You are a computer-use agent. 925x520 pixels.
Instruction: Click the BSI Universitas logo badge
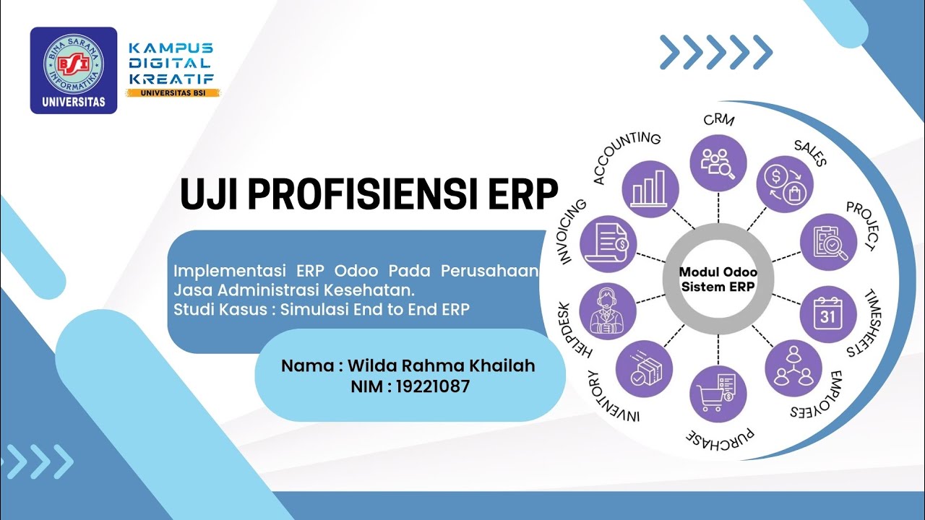coord(73,70)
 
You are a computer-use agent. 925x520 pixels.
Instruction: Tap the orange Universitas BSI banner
coord(173,92)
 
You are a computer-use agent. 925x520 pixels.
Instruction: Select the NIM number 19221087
coord(433,386)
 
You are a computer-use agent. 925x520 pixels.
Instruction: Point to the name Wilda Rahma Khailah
coord(442,365)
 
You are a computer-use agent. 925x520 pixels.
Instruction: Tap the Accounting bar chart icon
coord(650,189)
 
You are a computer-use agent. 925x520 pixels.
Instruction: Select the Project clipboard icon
coord(828,242)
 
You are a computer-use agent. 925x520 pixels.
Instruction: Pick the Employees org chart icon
coord(793,368)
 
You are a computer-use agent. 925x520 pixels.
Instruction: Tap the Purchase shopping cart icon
coord(718,394)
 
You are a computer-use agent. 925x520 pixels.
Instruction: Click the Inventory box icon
coord(643,368)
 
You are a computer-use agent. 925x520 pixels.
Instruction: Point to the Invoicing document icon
coord(607,244)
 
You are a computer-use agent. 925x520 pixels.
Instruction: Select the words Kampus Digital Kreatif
coord(171,63)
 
